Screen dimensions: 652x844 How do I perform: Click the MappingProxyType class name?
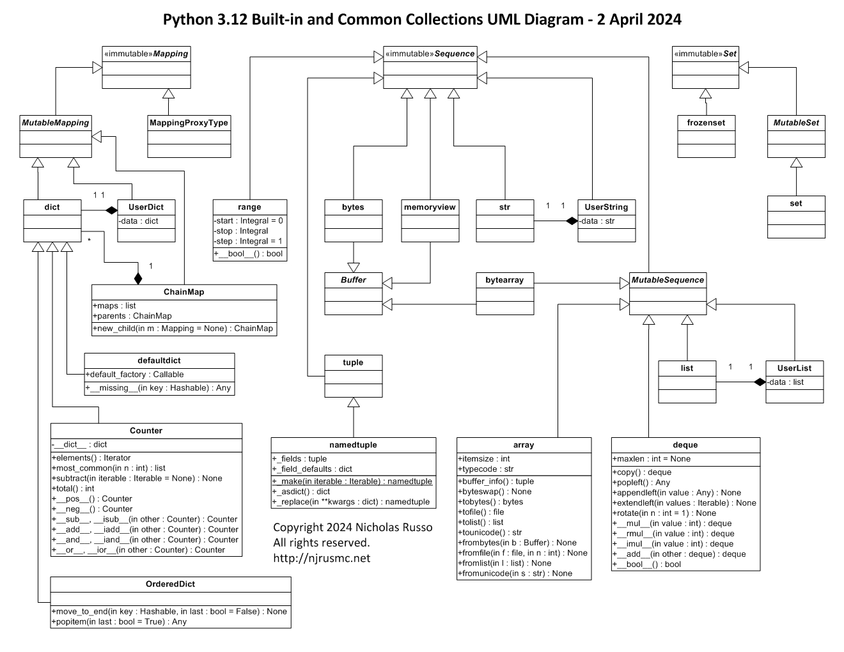coord(189,123)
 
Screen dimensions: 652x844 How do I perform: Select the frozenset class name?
coord(706,123)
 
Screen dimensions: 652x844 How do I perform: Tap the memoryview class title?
coord(430,207)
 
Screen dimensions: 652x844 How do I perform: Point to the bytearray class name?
coord(504,280)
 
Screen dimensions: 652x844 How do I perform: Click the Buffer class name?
coord(353,280)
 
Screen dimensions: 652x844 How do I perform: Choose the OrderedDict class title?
coord(170,584)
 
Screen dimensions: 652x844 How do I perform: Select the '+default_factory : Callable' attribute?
coord(135,375)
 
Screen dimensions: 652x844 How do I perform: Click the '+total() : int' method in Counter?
coord(73,488)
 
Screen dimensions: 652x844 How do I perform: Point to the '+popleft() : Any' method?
coord(641,483)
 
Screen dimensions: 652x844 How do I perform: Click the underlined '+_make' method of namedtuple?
coord(352,481)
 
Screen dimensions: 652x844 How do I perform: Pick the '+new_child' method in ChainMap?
coord(183,329)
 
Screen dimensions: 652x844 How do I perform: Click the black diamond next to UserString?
coord(571,221)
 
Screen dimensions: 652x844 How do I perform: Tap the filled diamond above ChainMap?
coord(137,278)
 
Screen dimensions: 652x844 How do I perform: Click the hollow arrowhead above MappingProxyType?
coord(168,94)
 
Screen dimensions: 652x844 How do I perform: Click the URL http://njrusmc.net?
coord(322,558)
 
